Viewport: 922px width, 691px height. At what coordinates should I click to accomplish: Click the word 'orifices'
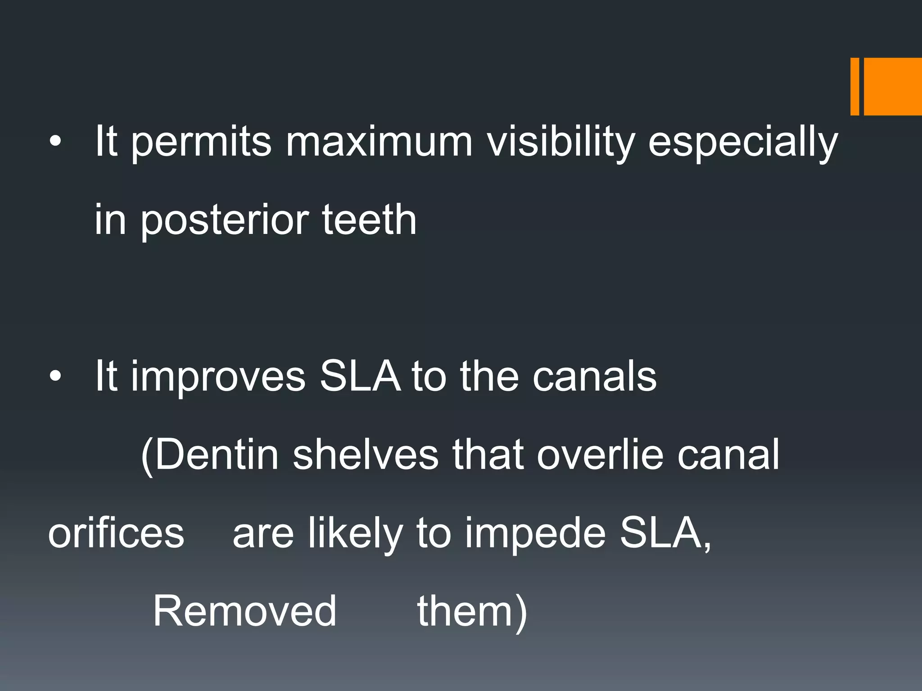(x=116, y=533)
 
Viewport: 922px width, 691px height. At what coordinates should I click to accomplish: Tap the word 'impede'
(x=535, y=533)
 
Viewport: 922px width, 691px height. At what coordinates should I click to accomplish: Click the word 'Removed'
(x=245, y=611)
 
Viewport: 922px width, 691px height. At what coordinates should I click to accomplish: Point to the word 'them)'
(x=472, y=611)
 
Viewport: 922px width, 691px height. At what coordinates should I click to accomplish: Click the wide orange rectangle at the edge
(x=892, y=87)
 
